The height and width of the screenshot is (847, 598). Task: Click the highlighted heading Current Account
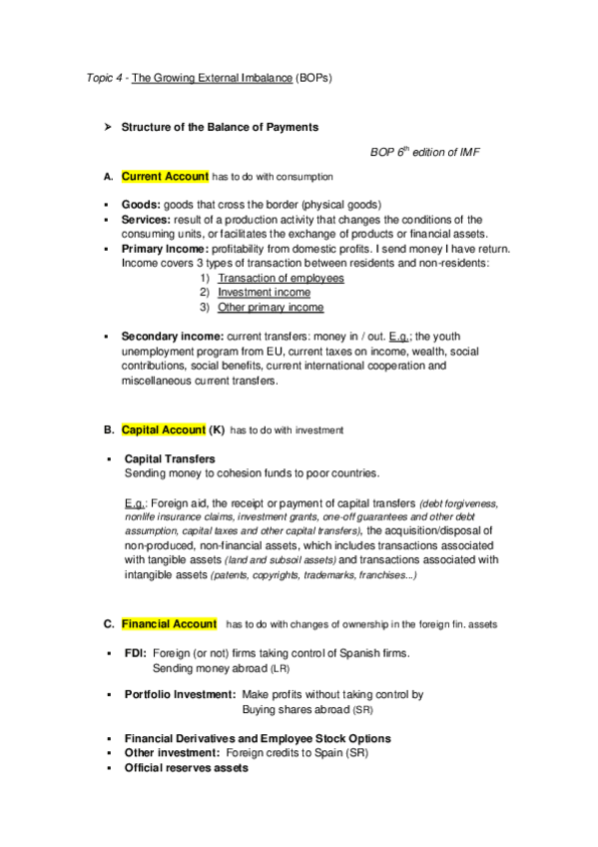[x=165, y=177]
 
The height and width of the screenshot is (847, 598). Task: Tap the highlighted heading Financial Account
[x=169, y=624]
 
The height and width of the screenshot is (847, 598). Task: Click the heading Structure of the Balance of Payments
[x=220, y=127]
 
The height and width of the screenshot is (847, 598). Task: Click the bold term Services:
[x=149, y=219]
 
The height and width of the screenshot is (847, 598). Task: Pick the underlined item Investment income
[x=264, y=293]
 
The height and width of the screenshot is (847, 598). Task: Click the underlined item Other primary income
[x=271, y=308]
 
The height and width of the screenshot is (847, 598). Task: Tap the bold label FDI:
[x=136, y=653]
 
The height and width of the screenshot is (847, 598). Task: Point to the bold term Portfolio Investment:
[x=180, y=694]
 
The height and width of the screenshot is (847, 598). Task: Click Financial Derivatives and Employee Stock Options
[x=258, y=738]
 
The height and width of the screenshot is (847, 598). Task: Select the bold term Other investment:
[x=172, y=753]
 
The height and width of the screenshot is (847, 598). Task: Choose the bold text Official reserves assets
[x=187, y=768]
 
